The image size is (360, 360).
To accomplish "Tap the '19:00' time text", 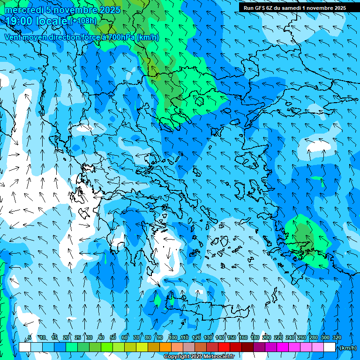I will (x=21, y=22).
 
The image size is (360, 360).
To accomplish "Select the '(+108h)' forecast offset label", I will (x=83, y=21).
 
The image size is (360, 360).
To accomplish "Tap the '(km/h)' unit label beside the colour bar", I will (x=347, y=348).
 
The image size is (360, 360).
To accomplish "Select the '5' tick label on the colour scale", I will (x=30, y=337).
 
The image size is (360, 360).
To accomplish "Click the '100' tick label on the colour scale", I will (x=173, y=337).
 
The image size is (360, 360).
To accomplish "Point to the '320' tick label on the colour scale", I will (x=337, y=337).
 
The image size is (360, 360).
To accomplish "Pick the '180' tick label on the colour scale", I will (x=255, y=337).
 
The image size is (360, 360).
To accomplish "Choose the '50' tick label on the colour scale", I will (x=113, y=337).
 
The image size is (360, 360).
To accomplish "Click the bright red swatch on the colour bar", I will (x=224, y=347).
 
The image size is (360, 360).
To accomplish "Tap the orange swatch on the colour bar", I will (x=165, y=347).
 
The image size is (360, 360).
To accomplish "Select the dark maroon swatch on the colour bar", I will (x=247, y=347).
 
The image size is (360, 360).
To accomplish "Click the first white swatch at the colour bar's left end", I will (x=25, y=347).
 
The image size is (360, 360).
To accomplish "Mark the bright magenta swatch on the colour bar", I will (x=283, y=347).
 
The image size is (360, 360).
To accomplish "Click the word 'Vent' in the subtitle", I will (x=13, y=37).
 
